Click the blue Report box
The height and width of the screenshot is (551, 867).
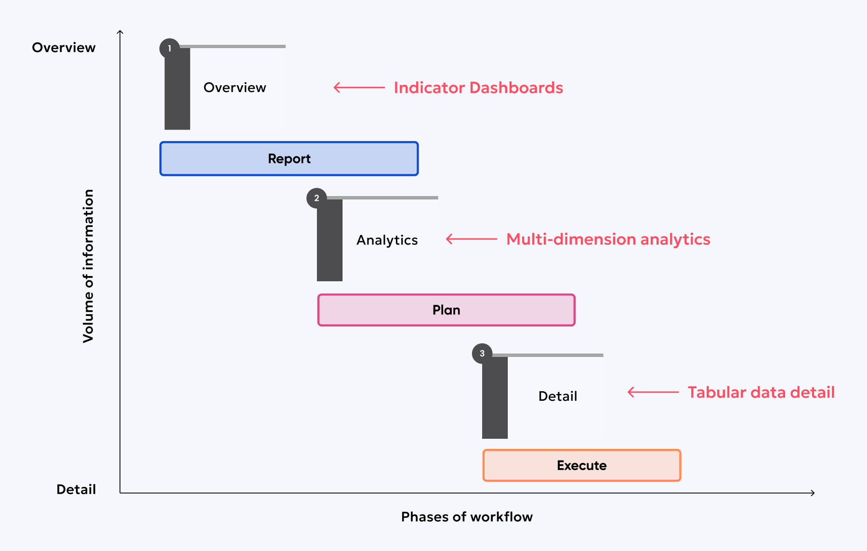point(289,158)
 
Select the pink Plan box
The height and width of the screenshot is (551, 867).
point(446,310)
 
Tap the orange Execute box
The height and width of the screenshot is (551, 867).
point(581,465)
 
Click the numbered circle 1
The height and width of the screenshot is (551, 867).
point(170,48)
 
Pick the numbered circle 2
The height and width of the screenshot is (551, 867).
point(316,198)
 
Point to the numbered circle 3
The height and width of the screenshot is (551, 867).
point(482,354)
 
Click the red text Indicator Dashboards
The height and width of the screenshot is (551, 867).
point(478,88)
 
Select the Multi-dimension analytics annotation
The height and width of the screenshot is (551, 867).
point(608,239)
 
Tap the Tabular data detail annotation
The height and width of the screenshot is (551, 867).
point(761,392)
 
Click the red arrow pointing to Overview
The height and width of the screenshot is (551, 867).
point(359,88)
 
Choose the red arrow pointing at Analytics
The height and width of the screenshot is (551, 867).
point(471,239)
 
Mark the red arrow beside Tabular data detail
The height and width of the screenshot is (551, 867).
point(653,392)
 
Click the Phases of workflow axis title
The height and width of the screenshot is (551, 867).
point(467,517)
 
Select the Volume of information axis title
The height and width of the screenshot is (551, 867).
point(88,266)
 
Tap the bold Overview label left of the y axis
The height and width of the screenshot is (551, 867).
point(64,48)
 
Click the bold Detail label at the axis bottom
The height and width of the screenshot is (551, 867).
point(76,489)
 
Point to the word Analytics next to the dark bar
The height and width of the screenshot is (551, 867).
point(387,240)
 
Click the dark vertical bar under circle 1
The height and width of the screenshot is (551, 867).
point(177,92)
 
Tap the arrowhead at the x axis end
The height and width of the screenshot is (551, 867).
point(813,493)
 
